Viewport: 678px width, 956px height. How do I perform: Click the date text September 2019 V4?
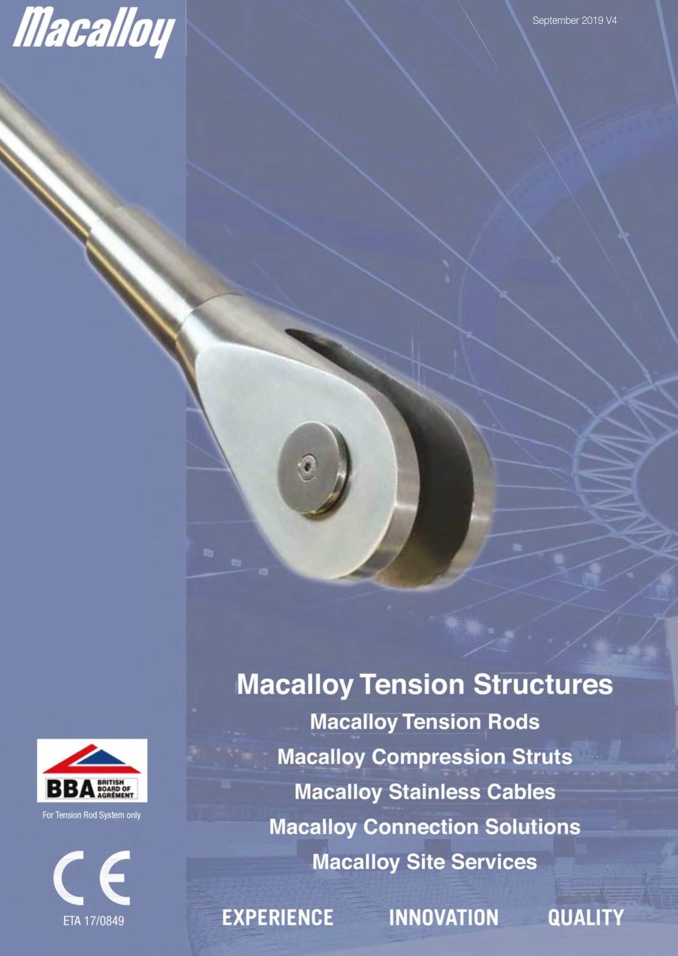click(x=574, y=20)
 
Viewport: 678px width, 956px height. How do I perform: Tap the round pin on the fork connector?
click(x=313, y=467)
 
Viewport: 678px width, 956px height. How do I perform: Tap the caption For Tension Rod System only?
click(x=92, y=815)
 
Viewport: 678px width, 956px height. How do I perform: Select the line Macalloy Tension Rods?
click(x=424, y=722)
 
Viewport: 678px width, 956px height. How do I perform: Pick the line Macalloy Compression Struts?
click(x=424, y=757)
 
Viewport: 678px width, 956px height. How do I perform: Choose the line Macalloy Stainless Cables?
click(x=424, y=792)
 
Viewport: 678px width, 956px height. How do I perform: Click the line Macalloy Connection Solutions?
click(x=424, y=827)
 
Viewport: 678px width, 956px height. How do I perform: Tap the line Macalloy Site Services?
click(x=424, y=862)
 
